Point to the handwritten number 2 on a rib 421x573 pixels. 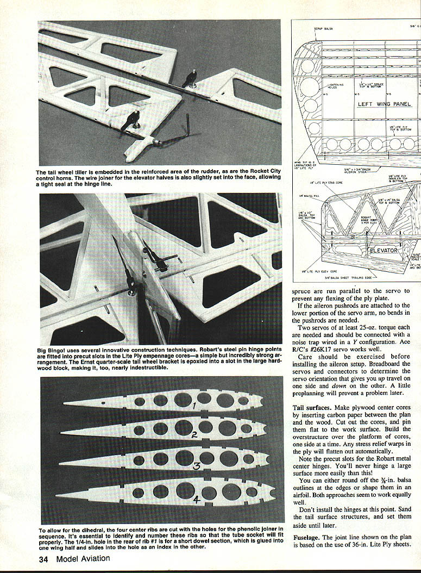click(x=193, y=434)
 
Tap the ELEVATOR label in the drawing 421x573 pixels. click(x=384, y=251)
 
